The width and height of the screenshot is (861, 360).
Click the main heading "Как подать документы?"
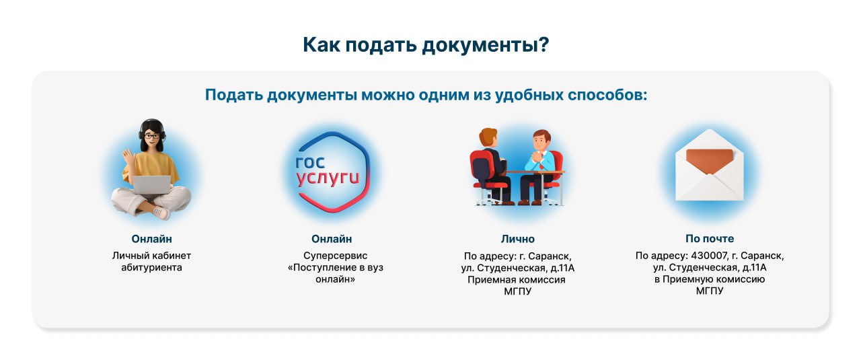click(x=426, y=45)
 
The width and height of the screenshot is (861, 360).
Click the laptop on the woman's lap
click(x=151, y=185)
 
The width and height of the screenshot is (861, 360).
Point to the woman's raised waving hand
click(x=128, y=157)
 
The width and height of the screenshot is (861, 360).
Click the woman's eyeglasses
click(x=151, y=136)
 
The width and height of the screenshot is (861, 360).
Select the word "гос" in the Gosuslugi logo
click(x=310, y=162)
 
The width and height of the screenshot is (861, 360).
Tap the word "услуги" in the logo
click(x=328, y=178)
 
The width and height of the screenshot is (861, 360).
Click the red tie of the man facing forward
click(x=541, y=166)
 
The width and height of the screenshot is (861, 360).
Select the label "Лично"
click(x=517, y=239)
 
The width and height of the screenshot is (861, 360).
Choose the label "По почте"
click(x=710, y=238)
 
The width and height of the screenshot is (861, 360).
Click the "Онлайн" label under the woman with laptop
click(x=151, y=239)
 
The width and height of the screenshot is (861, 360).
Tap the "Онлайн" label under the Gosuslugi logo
click(x=332, y=239)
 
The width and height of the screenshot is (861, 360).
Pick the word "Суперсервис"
click(x=335, y=256)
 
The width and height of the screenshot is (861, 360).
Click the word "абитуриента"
click(x=151, y=267)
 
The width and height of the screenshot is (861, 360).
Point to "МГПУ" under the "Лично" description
click(x=517, y=291)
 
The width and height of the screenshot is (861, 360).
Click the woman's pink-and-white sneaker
click(x=161, y=213)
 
